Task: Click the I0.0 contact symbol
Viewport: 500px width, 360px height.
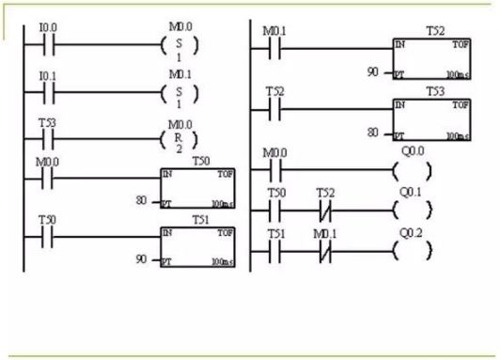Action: click(48, 44)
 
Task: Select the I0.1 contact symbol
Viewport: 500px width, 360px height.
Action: click(48, 92)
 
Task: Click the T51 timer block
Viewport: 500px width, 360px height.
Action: click(198, 246)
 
